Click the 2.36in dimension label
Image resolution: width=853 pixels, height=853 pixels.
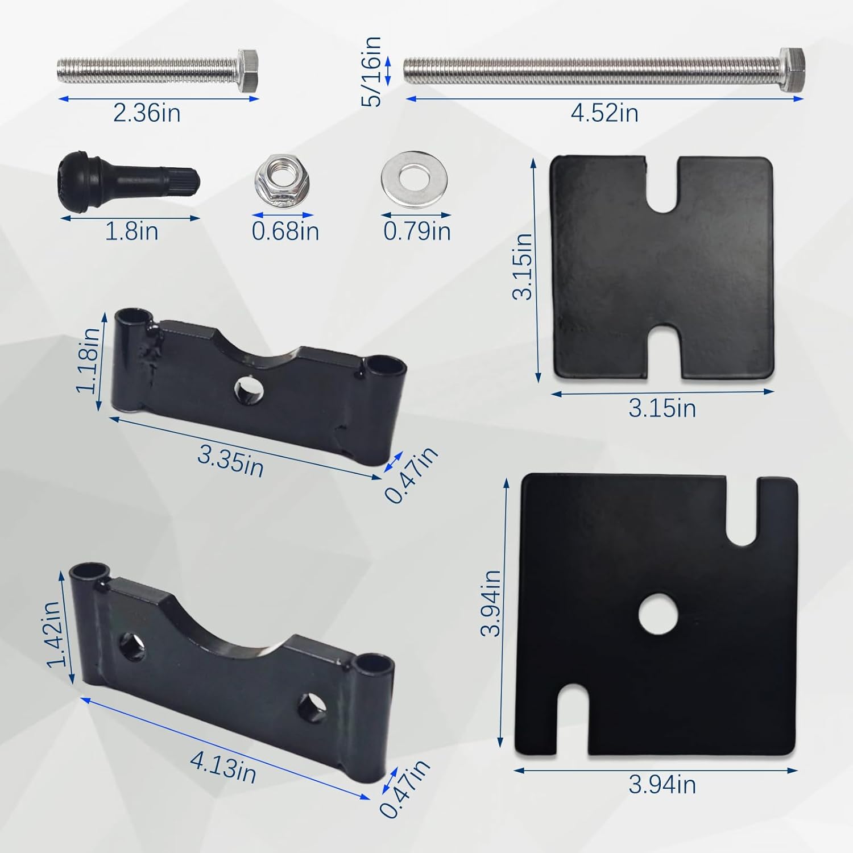point(147,113)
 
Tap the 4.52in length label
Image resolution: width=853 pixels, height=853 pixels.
point(604,113)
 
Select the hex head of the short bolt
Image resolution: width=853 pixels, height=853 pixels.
point(248,71)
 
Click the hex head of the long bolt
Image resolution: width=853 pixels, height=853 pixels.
point(792,70)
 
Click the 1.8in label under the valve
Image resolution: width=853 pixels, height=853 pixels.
point(132,231)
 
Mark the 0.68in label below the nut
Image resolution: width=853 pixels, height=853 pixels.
point(285,231)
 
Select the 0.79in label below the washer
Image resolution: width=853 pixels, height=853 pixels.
point(417,231)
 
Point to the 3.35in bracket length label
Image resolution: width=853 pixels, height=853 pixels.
point(231,461)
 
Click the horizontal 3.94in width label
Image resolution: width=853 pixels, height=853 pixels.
point(662,785)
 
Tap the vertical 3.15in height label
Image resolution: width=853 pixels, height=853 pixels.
point(522,266)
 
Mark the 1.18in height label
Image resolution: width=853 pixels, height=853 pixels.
point(88,359)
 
